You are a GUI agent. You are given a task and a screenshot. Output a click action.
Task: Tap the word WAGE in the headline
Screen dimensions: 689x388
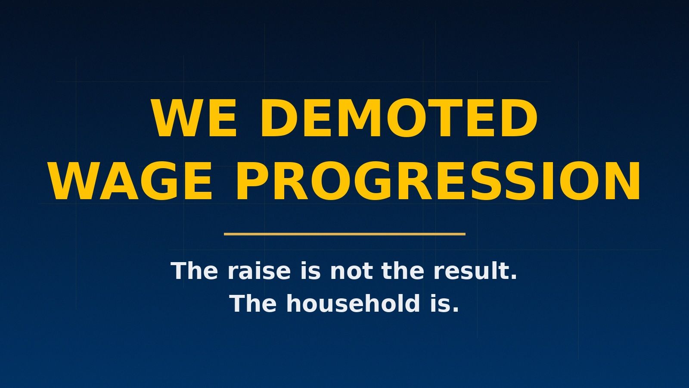coord(131,181)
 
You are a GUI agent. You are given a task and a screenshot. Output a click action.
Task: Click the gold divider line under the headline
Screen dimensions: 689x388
coord(344,234)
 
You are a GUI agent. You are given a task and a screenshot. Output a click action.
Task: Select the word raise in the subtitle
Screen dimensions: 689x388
coord(259,271)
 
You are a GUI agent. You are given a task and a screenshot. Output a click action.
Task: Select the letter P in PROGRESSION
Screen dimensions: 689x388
coord(250,181)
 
